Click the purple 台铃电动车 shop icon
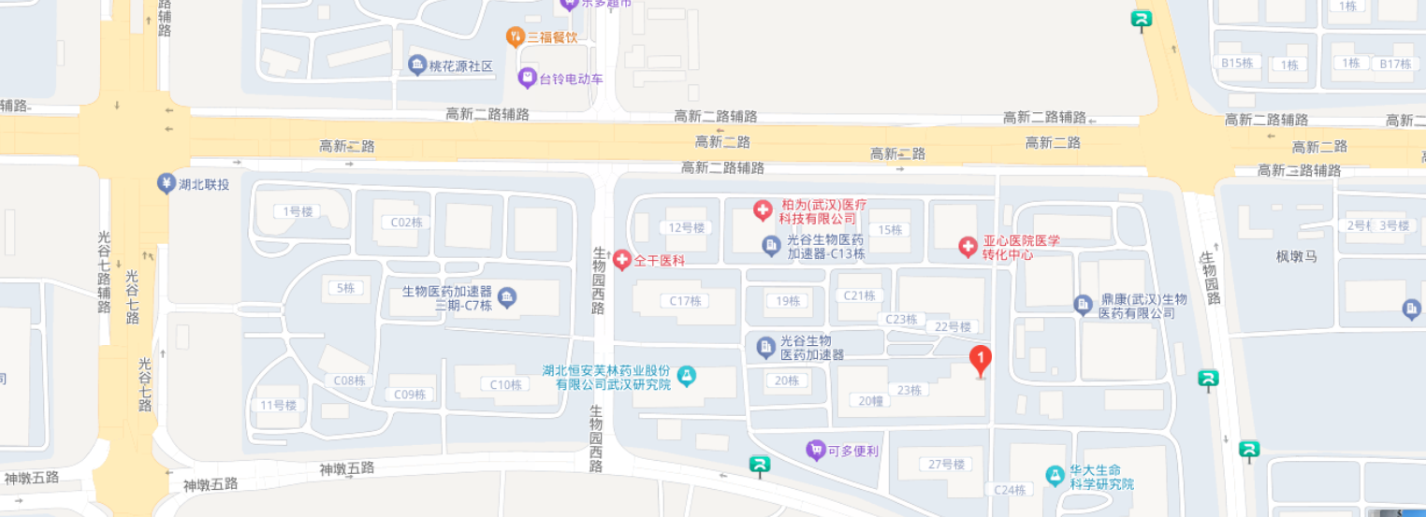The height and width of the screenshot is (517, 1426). (x=528, y=78)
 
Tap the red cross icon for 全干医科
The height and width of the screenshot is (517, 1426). (x=621, y=259)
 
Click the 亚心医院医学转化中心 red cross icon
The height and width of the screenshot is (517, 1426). (x=968, y=247)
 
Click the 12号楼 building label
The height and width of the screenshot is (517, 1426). (x=686, y=227)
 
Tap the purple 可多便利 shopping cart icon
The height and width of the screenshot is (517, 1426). (x=816, y=451)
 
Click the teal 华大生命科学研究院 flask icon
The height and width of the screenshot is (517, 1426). (x=1055, y=476)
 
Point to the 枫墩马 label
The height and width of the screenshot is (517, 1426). (x=1296, y=255)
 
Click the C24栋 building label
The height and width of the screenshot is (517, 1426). (x=1011, y=490)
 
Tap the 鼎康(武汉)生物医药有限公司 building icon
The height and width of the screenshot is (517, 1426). (x=1083, y=305)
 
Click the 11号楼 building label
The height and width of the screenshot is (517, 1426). (x=278, y=405)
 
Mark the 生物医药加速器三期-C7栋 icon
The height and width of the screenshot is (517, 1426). (x=507, y=298)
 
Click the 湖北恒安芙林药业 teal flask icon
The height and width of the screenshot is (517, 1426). (x=687, y=376)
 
